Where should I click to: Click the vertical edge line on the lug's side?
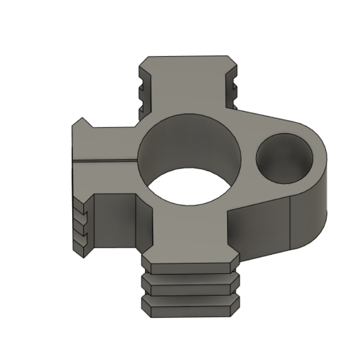click(x=289, y=222)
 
